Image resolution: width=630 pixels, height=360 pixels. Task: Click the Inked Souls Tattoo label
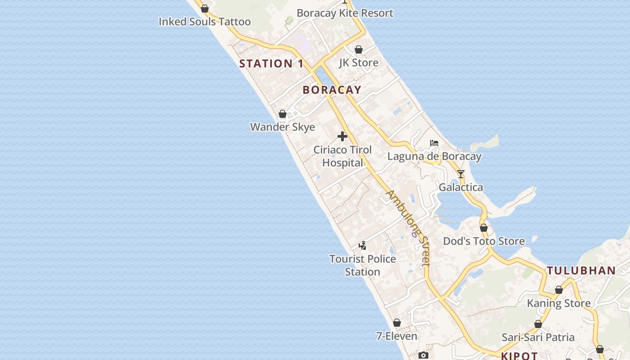[x=205, y=22]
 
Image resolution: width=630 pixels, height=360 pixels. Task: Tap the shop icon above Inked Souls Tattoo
[x=205, y=9]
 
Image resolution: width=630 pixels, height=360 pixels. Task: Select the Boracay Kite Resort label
[x=345, y=13]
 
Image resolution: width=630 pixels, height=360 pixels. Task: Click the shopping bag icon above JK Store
[x=359, y=49]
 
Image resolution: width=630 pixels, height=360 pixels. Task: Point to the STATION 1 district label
[x=271, y=63]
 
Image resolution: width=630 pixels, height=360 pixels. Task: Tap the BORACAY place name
[x=332, y=90]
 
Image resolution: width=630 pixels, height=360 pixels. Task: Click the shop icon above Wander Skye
[x=283, y=114]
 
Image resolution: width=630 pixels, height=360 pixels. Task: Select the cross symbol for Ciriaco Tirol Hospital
[x=342, y=136]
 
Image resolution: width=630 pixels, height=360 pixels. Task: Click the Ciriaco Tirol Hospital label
[x=342, y=156]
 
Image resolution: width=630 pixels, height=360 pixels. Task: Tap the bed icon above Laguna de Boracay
[x=434, y=143]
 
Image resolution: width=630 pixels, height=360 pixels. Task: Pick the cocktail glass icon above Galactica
[x=460, y=174]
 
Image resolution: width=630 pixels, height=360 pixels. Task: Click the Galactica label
[x=461, y=187]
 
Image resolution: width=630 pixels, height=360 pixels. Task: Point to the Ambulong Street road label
[x=409, y=227]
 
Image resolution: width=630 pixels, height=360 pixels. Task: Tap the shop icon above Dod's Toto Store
[x=484, y=228]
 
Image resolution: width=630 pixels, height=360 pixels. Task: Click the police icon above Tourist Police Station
[x=362, y=246]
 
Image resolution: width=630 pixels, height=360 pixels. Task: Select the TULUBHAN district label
[x=581, y=270]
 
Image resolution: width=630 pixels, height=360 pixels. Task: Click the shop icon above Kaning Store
[x=559, y=290]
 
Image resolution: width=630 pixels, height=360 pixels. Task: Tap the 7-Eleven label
[x=396, y=336]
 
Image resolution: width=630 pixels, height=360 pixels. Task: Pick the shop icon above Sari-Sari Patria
[x=538, y=324]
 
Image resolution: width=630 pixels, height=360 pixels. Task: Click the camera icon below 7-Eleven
[x=423, y=355]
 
